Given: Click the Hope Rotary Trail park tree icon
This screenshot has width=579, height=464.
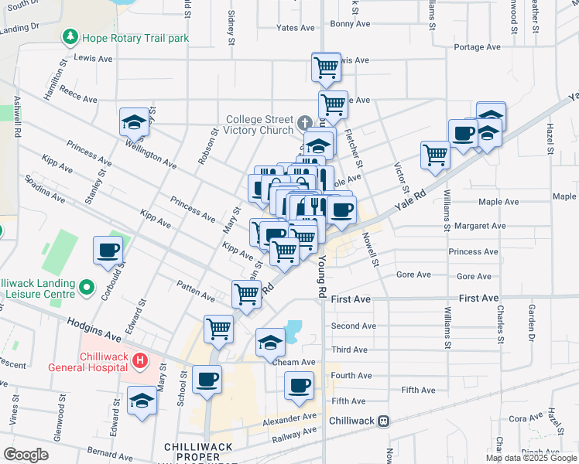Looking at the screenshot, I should pyautogui.click(x=70, y=36).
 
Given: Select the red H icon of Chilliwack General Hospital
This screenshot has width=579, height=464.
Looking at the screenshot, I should pyautogui.click(x=139, y=360).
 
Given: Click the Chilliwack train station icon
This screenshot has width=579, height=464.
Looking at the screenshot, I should pyautogui.click(x=382, y=421).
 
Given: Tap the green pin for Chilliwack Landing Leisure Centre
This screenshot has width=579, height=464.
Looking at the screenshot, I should pyautogui.click(x=87, y=288).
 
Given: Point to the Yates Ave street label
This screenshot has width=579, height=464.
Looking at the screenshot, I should pyautogui.click(x=296, y=28).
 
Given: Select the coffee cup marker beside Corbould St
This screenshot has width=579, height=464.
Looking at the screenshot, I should pyautogui.click(x=108, y=250).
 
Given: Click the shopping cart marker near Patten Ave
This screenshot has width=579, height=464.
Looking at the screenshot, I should pyautogui.click(x=246, y=293).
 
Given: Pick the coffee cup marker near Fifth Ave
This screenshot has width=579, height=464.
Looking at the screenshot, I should pyautogui.click(x=299, y=384).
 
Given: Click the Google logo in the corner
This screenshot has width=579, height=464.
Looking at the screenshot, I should pyautogui.click(x=26, y=455).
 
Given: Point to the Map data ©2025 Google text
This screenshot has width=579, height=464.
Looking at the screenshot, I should pyautogui.click(x=531, y=458).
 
